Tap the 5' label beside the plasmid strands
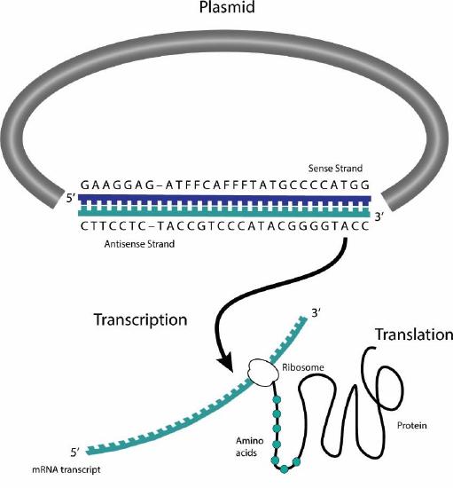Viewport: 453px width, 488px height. coord(68,200)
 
